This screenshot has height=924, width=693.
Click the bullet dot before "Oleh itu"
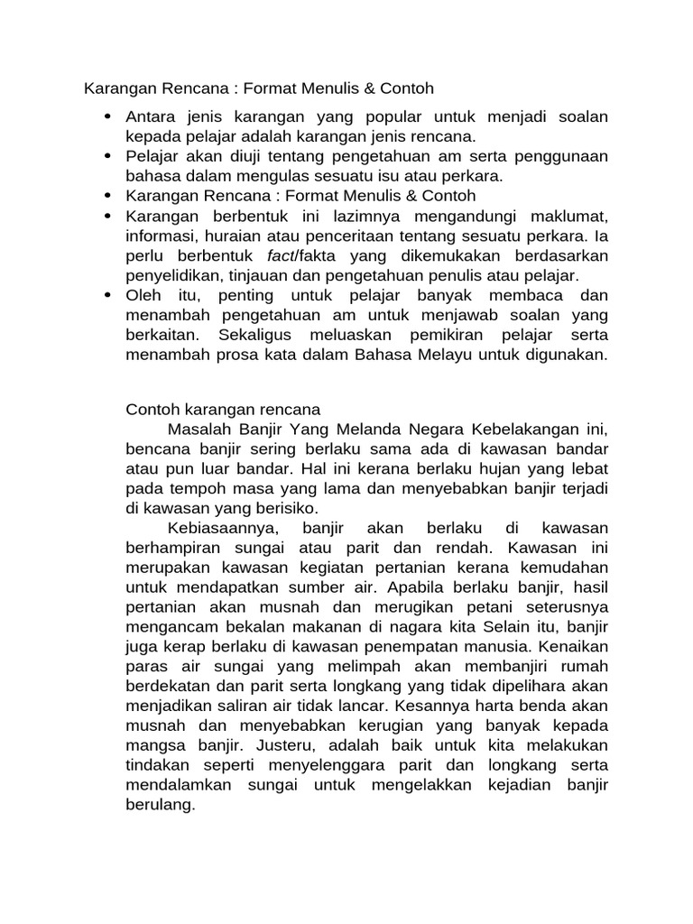click(108, 295)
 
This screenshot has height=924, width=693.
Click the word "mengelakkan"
click(420, 785)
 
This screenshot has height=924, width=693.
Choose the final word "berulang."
click(160, 805)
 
